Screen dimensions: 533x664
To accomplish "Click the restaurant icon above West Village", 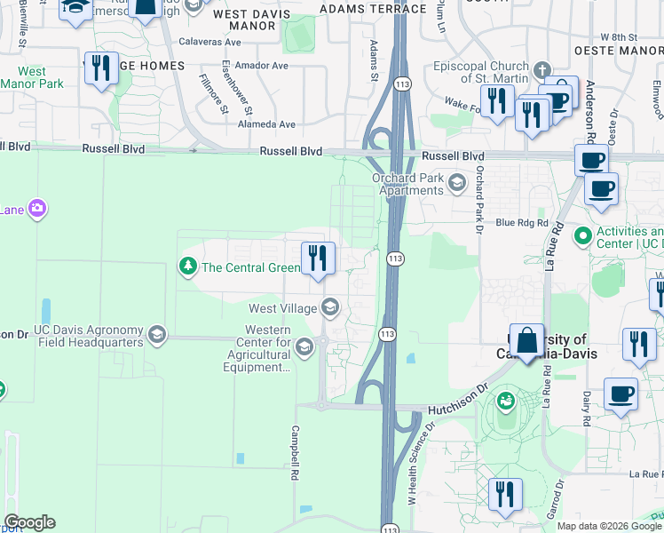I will pos(318,259).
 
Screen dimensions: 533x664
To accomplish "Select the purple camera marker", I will pos(37,209).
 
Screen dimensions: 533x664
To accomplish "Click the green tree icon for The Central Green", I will pos(187,266).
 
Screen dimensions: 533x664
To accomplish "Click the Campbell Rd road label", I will pos(293,451).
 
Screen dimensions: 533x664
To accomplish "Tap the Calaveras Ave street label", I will pos(234,51).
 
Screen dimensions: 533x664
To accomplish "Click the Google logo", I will pos(29,522).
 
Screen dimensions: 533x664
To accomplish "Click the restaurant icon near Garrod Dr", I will pos(505,495).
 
